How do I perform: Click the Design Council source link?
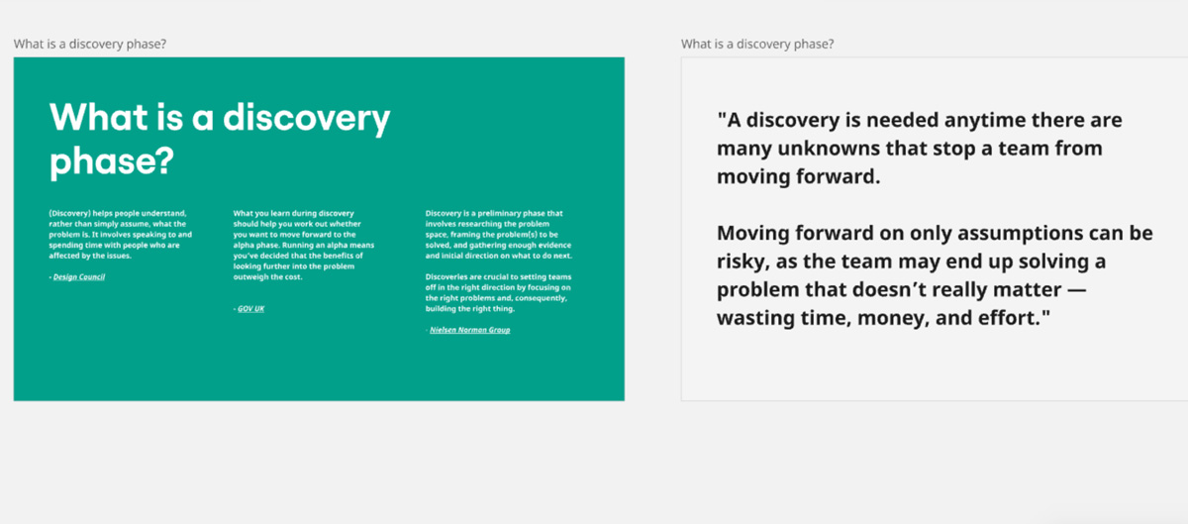click(79, 276)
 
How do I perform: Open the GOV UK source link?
click(250, 308)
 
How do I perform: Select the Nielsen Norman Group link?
click(470, 330)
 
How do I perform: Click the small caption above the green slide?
click(90, 44)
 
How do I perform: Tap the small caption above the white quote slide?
click(757, 44)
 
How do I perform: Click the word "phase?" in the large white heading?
click(112, 160)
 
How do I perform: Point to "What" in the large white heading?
click(99, 117)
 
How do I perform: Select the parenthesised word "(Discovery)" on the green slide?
click(70, 213)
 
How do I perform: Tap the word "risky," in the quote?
click(742, 262)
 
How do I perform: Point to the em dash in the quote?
click(1075, 290)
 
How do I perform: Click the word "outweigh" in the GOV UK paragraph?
click(249, 277)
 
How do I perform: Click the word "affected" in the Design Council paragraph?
click(63, 256)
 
